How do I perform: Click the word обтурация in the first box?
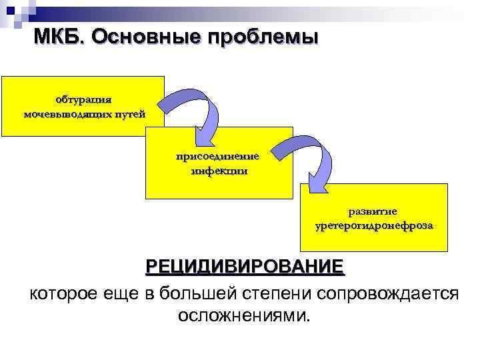[x=83, y=99]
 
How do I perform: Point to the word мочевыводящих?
[x=65, y=113]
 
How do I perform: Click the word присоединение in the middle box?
[x=219, y=157]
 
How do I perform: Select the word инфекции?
[x=219, y=170]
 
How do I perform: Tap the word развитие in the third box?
[x=374, y=211]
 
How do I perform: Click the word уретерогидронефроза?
[x=374, y=225]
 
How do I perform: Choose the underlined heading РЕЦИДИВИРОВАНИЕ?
[x=245, y=267]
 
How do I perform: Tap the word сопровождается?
[x=388, y=293]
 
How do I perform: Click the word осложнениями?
[x=245, y=314]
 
